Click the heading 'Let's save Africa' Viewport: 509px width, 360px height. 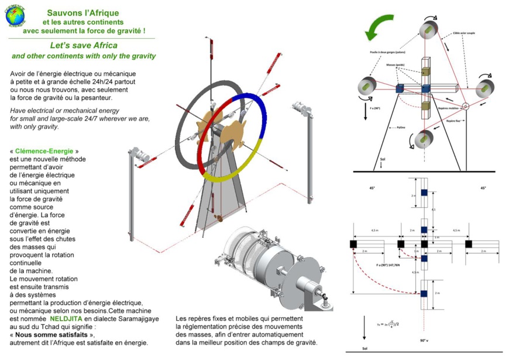84,46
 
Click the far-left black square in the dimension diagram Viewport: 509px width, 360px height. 354,244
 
